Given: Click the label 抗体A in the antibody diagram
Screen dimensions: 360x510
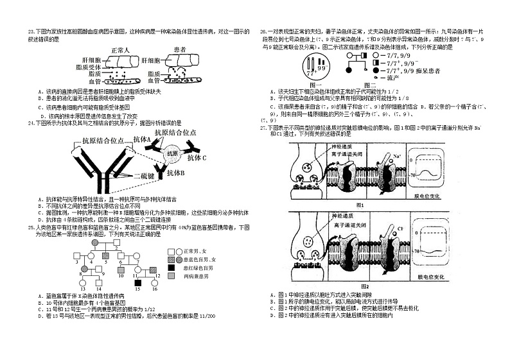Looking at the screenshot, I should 143,139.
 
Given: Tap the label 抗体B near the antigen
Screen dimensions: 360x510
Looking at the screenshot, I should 175,173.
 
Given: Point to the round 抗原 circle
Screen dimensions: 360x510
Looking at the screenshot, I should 171,153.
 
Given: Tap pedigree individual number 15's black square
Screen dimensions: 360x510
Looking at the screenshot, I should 137,283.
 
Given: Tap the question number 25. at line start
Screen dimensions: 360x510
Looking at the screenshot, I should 30,227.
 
